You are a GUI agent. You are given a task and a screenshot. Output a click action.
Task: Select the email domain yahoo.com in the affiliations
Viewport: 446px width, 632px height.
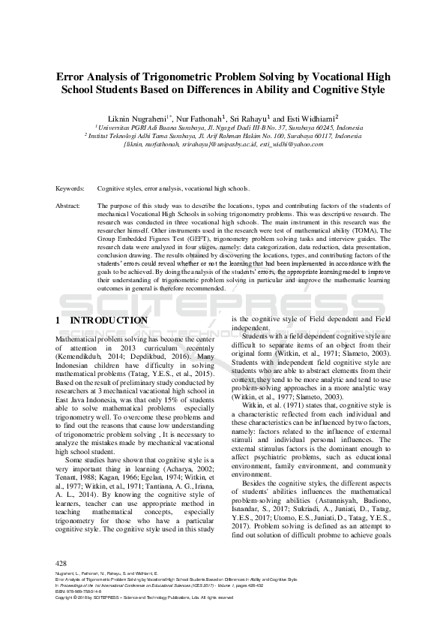[309, 145]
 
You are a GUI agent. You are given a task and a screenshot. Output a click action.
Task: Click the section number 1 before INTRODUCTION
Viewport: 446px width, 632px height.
[58, 321]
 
